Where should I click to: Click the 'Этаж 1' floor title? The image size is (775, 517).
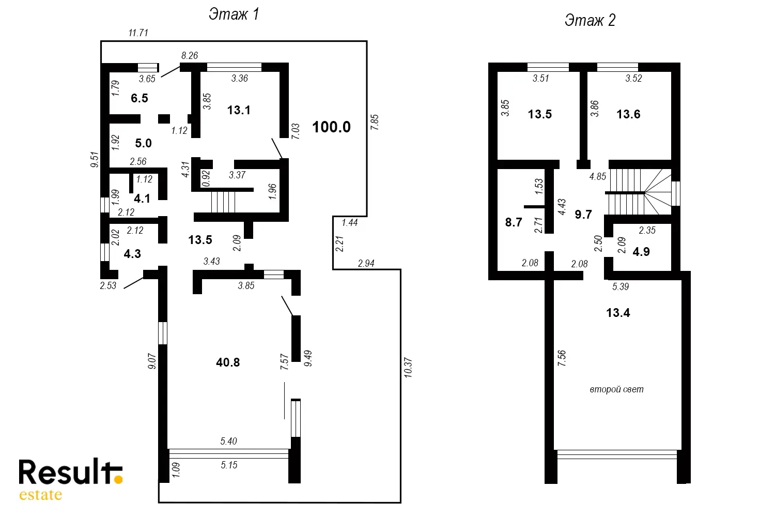tap(234, 14)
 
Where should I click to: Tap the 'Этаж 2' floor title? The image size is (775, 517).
tap(590, 21)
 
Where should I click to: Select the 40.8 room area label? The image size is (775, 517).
tap(228, 362)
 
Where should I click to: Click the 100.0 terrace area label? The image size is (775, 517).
tap(332, 127)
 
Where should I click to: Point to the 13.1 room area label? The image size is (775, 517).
tap(239, 110)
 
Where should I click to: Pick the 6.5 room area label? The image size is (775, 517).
tap(139, 98)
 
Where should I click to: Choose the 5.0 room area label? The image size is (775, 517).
tap(143, 143)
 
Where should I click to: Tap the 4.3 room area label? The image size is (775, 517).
tap(132, 254)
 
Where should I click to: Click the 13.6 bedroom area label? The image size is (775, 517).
tap(629, 114)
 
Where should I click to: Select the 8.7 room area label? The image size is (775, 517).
tap(514, 222)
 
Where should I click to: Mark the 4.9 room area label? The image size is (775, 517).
tap(642, 252)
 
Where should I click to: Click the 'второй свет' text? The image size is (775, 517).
tap(616, 389)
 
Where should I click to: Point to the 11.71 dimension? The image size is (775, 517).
tap(138, 33)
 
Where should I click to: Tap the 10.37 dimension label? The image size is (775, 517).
tap(408, 368)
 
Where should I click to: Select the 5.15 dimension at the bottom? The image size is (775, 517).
tap(229, 465)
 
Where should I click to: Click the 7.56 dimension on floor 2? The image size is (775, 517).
tap(562, 358)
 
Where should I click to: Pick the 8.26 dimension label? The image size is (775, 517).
tap(190, 55)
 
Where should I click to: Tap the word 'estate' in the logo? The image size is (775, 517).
tap(40, 495)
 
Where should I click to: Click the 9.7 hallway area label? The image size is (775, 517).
tap(584, 215)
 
